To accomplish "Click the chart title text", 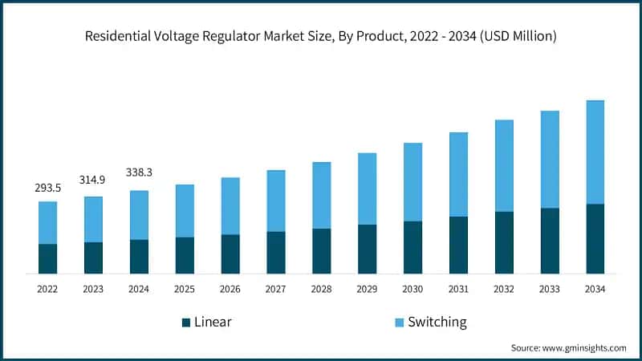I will point(321,36).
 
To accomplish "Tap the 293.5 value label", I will point(47,187).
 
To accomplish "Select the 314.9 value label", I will point(93,180).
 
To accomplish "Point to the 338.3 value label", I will point(139,172).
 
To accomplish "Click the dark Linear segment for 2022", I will point(47,258).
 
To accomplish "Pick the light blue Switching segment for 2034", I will point(595,152).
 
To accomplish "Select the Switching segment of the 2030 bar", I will point(412,182).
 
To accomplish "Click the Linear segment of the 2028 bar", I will point(321,251).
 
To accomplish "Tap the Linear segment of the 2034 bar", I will point(595,239).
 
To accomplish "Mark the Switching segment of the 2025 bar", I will point(185,211).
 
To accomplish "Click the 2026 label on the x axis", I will point(230,288).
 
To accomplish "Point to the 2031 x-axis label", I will point(458,288).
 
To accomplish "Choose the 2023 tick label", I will point(93,288).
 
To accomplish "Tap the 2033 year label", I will point(549,288).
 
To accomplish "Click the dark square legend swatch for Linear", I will point(186,322).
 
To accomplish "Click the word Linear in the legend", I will point(213,322).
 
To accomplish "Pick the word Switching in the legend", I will point(437,322).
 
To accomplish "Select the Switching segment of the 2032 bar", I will point(503,166).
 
